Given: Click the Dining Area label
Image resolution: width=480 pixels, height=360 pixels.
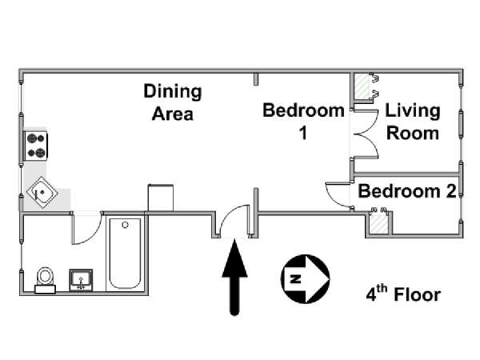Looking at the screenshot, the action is point(173,102).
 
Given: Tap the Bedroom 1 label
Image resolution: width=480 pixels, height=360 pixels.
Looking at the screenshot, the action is point(303,122).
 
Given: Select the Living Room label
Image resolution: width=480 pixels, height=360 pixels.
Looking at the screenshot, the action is point(413,122).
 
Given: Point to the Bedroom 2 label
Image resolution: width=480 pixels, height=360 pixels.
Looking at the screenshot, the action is point(407,191).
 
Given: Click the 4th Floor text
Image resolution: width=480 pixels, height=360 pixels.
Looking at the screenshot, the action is point(403,294).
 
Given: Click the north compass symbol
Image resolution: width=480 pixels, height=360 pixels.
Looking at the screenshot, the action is point(306,279).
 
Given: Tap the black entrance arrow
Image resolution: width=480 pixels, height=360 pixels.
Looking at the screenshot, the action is point(234,277).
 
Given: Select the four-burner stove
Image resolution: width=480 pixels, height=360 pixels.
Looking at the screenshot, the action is point(36,146).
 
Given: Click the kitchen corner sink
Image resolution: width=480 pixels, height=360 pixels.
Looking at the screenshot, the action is point(42,193).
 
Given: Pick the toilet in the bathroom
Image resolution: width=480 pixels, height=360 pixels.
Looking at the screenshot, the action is point(45,280).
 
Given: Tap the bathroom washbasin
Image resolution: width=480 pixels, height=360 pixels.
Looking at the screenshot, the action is point(81,280).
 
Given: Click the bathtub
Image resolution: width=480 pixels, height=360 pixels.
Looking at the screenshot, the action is point(125,254).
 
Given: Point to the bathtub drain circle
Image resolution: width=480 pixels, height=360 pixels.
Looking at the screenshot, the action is point(125,225).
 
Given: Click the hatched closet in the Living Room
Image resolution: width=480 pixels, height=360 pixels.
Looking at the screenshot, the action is point(362,86).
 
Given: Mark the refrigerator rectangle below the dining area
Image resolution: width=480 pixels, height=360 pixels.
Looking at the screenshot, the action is point(161,198).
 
